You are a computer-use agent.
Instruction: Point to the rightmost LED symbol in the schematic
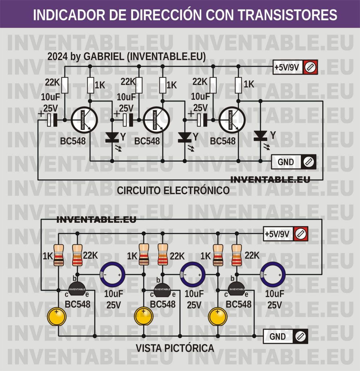click(x=260, y=136)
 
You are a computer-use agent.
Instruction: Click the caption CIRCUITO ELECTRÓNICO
click(x=173, y=191)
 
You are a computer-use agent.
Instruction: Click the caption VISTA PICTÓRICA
click(x=175, y=349)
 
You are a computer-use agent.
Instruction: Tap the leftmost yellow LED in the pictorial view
click(x=57, y=316)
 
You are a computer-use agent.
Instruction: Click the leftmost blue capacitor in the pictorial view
click(x=113, y=275)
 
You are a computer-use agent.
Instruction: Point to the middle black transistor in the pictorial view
click(x=162, y=289)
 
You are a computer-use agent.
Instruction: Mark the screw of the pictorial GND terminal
click(x=300, y=337)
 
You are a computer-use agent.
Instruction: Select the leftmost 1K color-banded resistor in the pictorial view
click(x=59, y=254)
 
